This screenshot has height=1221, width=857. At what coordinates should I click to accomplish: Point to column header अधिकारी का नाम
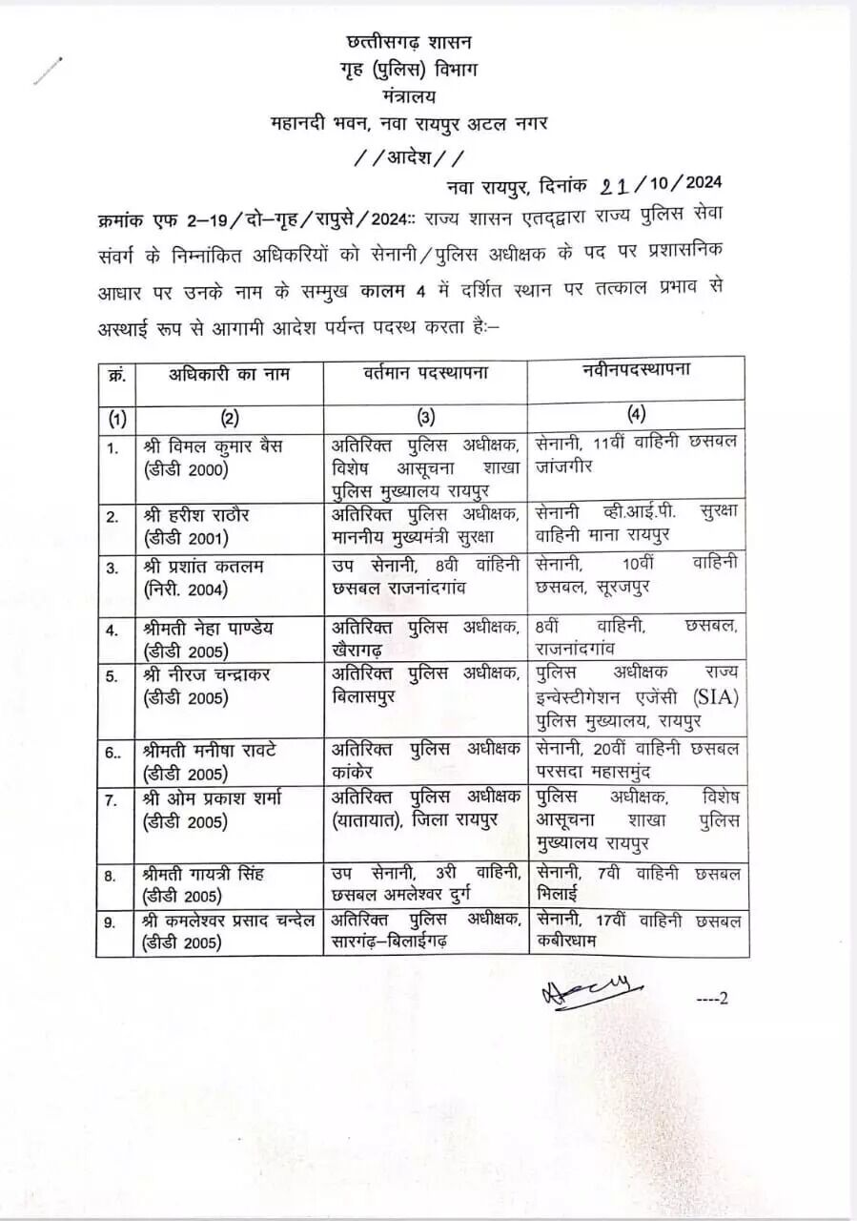pyautogui.click(x=229, y=374)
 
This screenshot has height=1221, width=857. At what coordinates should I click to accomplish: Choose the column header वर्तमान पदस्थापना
pyautogui.click(x=425, y=373)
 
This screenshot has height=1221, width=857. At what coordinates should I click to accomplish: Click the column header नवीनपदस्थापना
pyautogui.click(x=636, y=371)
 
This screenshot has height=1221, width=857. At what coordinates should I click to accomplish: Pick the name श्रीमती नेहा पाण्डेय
pyautogui.click(x=211, y=629)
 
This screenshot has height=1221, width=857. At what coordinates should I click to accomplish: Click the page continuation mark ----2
pyautogui.click(x=712, y=999)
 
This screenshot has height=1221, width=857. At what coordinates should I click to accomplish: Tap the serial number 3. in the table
pyautogui.click(x=113, y=568)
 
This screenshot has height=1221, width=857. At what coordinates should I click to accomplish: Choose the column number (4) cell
pyautogui.click(x=636, y=415)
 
